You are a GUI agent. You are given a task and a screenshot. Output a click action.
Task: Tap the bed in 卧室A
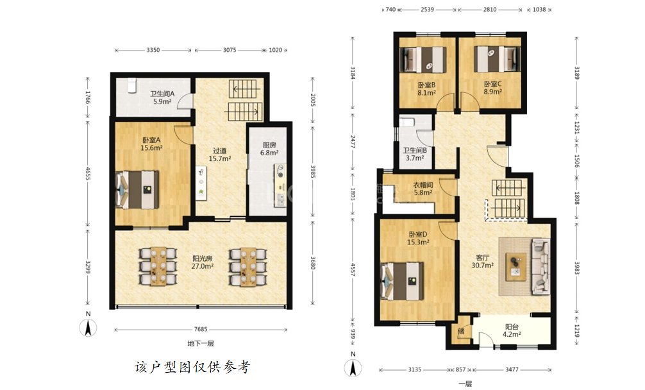(x=137, y=189)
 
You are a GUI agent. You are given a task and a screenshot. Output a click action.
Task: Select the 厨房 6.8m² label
(x=269, y=149)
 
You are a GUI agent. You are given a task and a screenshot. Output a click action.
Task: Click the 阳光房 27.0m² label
(x=203, y=262)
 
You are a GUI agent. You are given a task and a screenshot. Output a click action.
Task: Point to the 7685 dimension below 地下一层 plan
(x=201, y=329)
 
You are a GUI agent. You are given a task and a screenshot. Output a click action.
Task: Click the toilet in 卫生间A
(x=131, y=85)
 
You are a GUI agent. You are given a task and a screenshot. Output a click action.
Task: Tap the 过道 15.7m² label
(x=220, y=155)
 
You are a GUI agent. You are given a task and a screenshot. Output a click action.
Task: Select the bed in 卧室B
(x=424, y=60)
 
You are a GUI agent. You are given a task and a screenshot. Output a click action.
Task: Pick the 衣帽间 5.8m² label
(x=423, y=189)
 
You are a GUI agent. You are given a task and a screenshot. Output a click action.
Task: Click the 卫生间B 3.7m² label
(x=415, y=154)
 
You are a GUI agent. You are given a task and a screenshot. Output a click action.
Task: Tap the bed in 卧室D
(x=403, y=282)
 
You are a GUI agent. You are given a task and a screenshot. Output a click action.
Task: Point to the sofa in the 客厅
(x=541, y=267)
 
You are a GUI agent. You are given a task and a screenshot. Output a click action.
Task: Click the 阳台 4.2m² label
(x=512, y=331)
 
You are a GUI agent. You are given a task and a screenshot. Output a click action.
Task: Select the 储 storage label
(x=461, y=331)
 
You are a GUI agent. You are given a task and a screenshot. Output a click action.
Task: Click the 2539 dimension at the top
(x=427, y=9)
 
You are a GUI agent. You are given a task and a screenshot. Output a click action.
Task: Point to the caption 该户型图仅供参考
(x=192, y=367)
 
